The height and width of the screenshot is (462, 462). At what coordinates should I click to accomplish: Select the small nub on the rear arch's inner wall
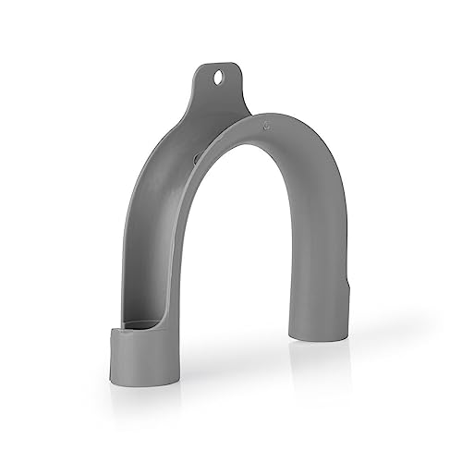point(197,159)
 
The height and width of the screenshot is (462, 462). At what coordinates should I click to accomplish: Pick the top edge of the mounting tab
point(218,64)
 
